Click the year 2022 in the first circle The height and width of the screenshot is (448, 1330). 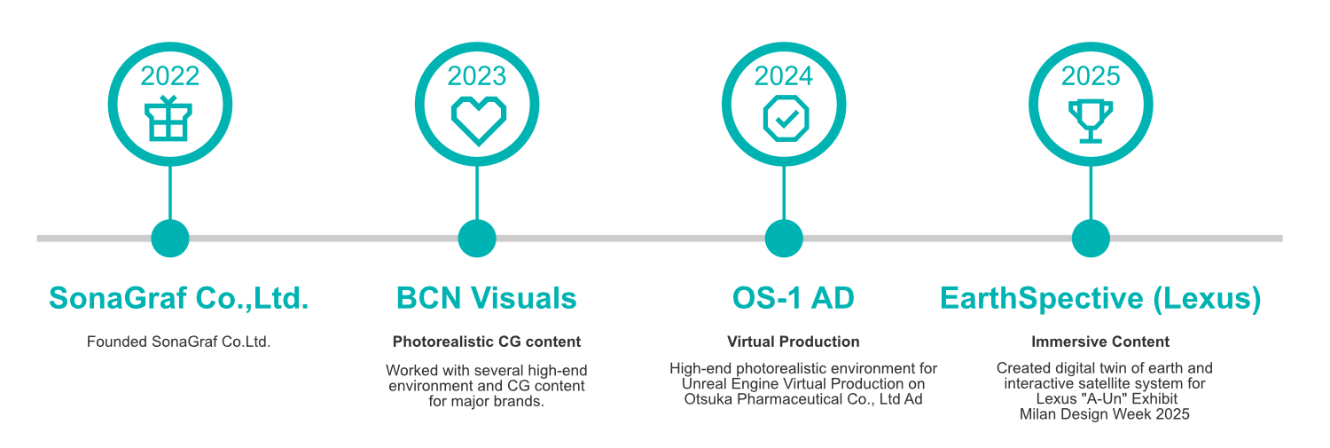coord(170,76)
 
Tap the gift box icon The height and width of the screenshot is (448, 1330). coord(169,119)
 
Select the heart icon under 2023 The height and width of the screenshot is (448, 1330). coord(478,120)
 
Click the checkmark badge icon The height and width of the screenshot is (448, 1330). coord(785,119)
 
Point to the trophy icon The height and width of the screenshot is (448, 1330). coord(1091,120)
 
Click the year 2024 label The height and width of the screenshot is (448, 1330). coord(784,76)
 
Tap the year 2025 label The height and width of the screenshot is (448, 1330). coord(1091,76)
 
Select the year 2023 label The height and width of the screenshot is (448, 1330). coord(477,76)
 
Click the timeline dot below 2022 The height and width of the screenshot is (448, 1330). coord(170,238)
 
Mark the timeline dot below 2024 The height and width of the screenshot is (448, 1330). coord(784,238)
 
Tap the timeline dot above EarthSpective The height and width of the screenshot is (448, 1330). coord(1091,238)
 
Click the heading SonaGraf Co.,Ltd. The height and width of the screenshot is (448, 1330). coord(179,299)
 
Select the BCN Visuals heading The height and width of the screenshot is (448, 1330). coord(486,299)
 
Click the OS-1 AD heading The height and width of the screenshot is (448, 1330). coord(794,299)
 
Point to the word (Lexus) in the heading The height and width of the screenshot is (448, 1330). coord(1207,299)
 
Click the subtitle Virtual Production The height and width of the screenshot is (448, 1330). coord(794,342)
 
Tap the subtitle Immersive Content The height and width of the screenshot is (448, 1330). coord(1100,342)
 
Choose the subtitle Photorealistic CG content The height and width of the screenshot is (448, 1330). coord(487,342)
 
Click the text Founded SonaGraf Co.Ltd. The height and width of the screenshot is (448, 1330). coord(179,342)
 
